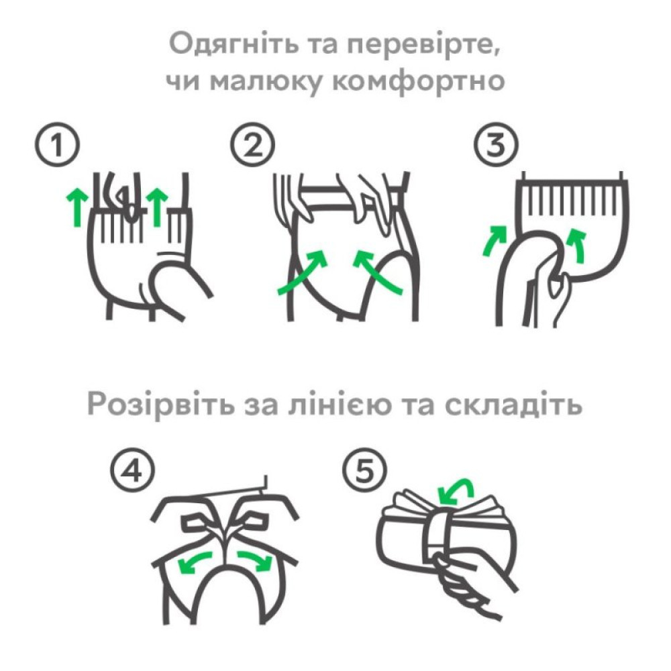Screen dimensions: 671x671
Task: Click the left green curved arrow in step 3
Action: pyautogui.click(x=495, y=241)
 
